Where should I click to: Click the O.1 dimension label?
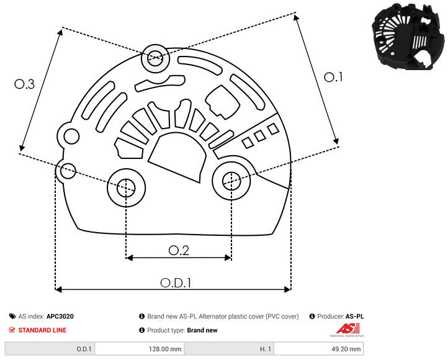[334, 77]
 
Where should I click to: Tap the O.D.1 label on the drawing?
[176, 282]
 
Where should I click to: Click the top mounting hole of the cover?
[154, 60]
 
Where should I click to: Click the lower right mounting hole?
[231, 181]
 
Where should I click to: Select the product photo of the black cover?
[406, 37]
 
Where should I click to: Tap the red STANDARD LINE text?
[42, 330]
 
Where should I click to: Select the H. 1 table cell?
[229, 349]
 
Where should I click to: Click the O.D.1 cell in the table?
[50, 349]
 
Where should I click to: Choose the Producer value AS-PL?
[354, 317]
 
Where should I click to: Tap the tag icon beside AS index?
[12, 317]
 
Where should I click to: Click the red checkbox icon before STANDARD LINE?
[12, 330]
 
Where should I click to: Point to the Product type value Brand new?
[202, 330]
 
